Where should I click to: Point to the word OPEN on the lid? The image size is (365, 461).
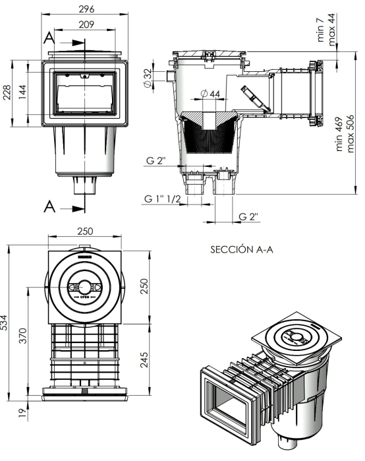85,297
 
